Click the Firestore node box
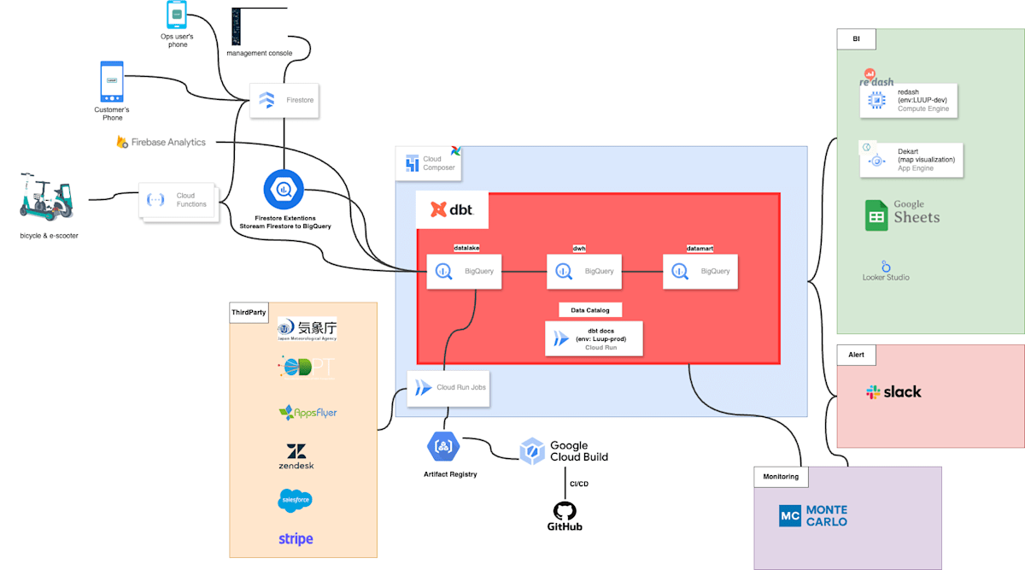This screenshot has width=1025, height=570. click(284, 100)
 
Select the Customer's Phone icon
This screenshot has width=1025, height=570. click(112, 81)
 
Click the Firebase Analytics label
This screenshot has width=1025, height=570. click(161, 142)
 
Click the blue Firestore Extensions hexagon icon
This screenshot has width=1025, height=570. click(284, 190)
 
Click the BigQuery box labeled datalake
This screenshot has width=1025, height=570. click(465, 271)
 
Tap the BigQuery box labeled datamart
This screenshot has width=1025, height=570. click(700, 271)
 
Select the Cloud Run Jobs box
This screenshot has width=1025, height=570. click(448, 388)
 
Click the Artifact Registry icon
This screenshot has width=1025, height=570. click(443, 446)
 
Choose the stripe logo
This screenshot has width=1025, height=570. click(296, 539)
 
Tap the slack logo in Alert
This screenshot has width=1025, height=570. click(893, 392)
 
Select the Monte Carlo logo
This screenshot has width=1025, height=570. click(813, 515)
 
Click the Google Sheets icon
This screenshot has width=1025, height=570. click(876, 216)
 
